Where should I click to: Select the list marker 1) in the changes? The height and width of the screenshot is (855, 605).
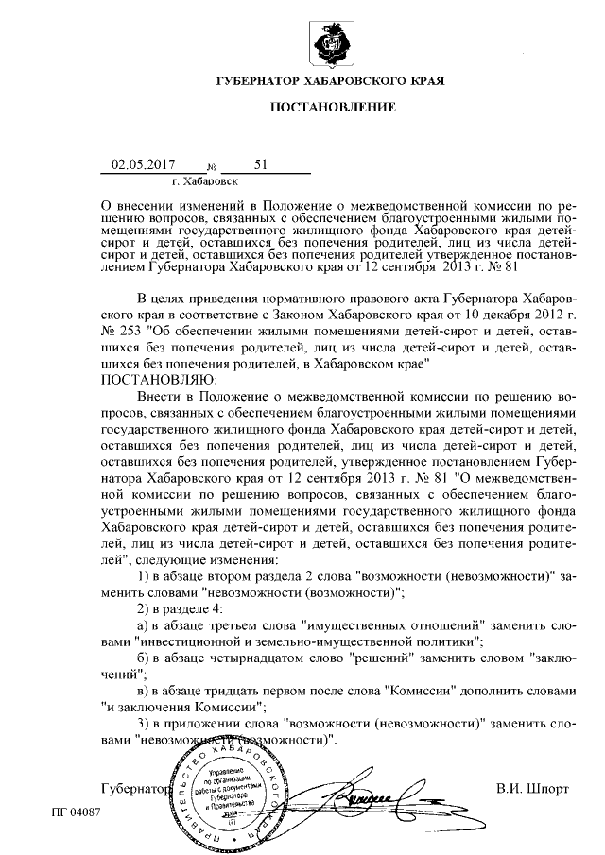point(146,576)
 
